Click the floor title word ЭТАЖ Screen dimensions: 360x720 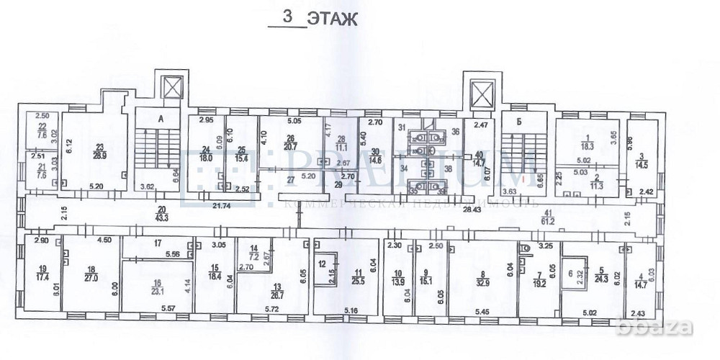[x=332, y=19]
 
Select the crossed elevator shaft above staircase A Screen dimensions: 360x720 [x=173, y=88]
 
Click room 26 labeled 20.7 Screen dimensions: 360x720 [x=290, y=143]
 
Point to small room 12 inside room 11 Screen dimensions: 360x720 [x=323, y=264]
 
